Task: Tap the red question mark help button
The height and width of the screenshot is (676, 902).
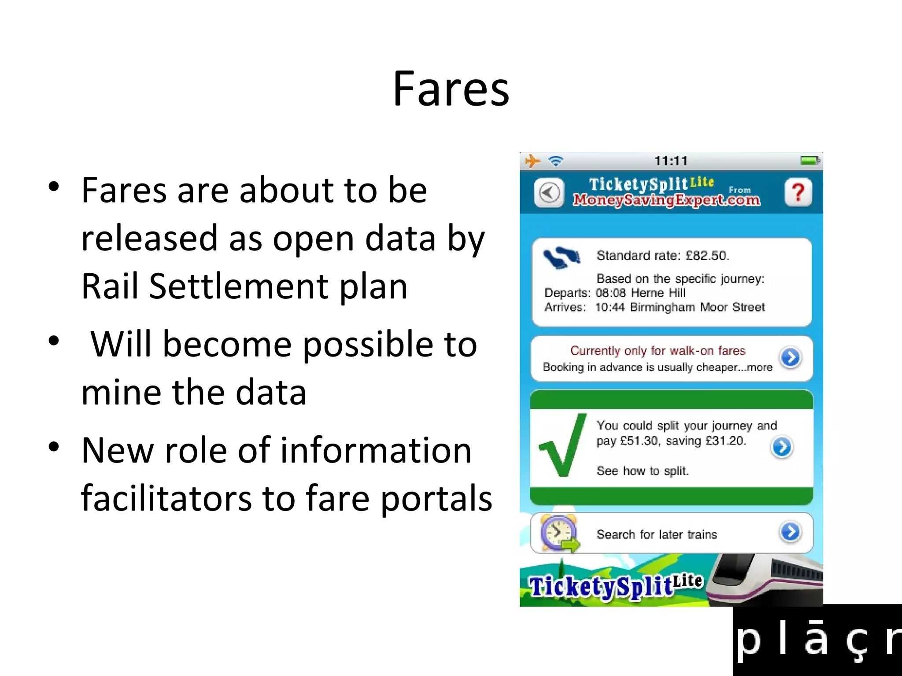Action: pos(798,192)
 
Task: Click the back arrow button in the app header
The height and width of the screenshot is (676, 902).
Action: pos(549,193)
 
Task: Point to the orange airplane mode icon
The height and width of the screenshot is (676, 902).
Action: pos(532,161)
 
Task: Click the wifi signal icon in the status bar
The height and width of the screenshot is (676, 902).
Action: pos(556,161)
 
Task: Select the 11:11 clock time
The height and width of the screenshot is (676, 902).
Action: pos(671,161)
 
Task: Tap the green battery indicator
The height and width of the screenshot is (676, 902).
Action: pos(810,161)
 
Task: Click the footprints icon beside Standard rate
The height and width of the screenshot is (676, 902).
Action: pos(562,257)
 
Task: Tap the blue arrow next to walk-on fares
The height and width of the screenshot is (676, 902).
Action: pos(791,357)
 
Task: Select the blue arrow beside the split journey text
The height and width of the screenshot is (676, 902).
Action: pos(782,447)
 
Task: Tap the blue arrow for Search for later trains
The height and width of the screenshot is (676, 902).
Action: pos(791,532)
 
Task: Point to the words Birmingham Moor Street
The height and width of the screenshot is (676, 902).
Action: pos(697,307)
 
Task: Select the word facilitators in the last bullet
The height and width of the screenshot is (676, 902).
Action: pos(166,498)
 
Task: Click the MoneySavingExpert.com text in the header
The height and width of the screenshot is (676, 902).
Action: pos(666,200)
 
